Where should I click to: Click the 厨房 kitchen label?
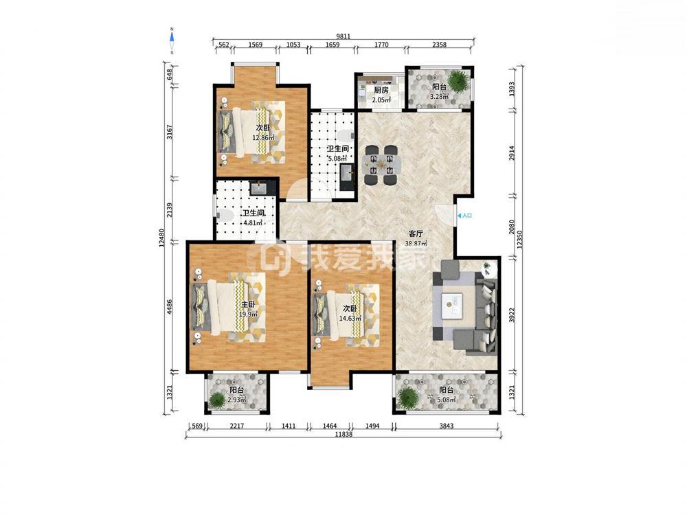(x=381, y=91)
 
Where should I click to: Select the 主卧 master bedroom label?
(x=248, y=304)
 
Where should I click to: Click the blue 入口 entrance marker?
(x=465, y=216)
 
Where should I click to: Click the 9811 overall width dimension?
(x=343, y=36)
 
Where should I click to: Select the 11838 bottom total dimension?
(x=344, y=435)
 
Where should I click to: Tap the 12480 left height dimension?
(x=161, y=238)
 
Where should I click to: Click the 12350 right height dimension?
(x=519, y=240)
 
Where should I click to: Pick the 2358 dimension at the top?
(x=440, y=44)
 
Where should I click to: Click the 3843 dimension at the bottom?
(x=446, y=425)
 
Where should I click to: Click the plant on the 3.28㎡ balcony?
(x=458, y=80)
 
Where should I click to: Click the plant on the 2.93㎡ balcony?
(x=217, y=400)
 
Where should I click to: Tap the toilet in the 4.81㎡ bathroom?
(x=225, y=215)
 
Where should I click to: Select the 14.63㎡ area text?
(x=350, y=319)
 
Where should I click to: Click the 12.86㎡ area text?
(x=263, y=137)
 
